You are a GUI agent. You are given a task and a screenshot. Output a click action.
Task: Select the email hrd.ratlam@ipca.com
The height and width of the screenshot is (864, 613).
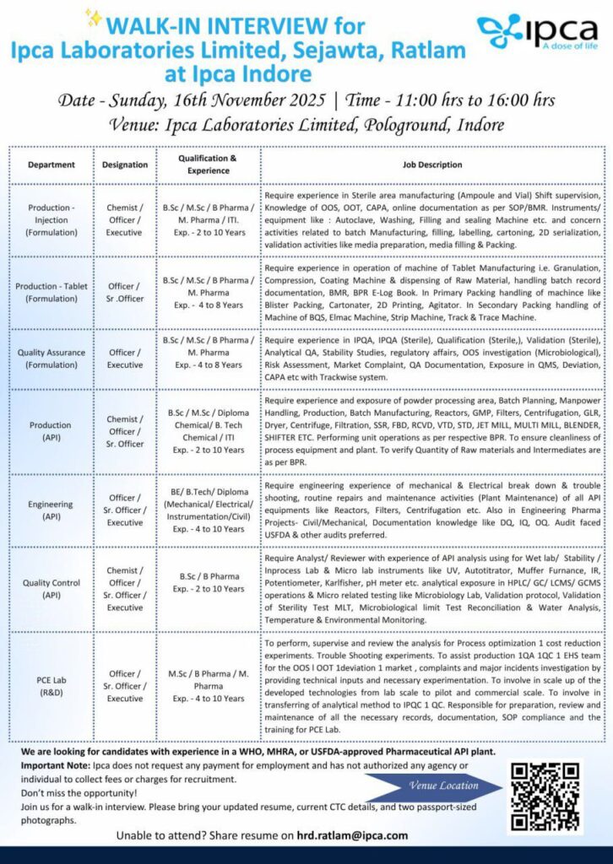352,835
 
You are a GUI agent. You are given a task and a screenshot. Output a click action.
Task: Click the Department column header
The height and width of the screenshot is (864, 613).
51,165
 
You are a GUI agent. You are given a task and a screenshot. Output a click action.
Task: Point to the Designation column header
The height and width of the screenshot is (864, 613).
125,165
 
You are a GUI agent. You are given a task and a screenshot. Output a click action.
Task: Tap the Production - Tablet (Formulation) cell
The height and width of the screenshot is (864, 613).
51,292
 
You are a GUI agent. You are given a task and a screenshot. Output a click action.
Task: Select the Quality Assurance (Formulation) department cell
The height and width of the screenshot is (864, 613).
51,359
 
